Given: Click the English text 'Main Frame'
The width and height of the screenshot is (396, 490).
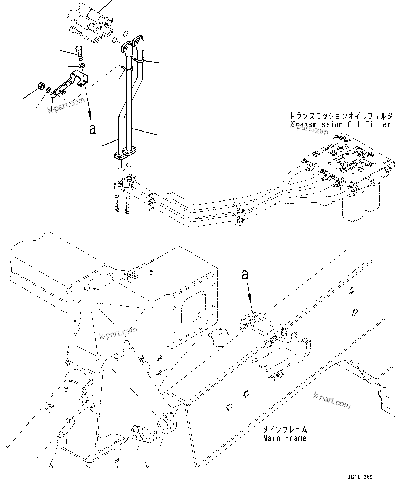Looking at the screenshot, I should tap(285, 438).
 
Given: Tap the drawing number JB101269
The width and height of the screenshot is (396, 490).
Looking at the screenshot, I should tap(360, 477).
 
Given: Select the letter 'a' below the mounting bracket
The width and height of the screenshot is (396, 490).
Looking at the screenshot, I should tap(92, 129).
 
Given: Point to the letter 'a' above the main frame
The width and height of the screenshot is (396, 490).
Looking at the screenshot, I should tap(245, 275).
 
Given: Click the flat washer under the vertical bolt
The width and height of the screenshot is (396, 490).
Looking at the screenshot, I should tap(82, 65).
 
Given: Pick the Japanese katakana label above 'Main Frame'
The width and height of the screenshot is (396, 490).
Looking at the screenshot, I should tap(285, 430).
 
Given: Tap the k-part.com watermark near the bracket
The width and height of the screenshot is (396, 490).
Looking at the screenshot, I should tap(66, 105).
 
